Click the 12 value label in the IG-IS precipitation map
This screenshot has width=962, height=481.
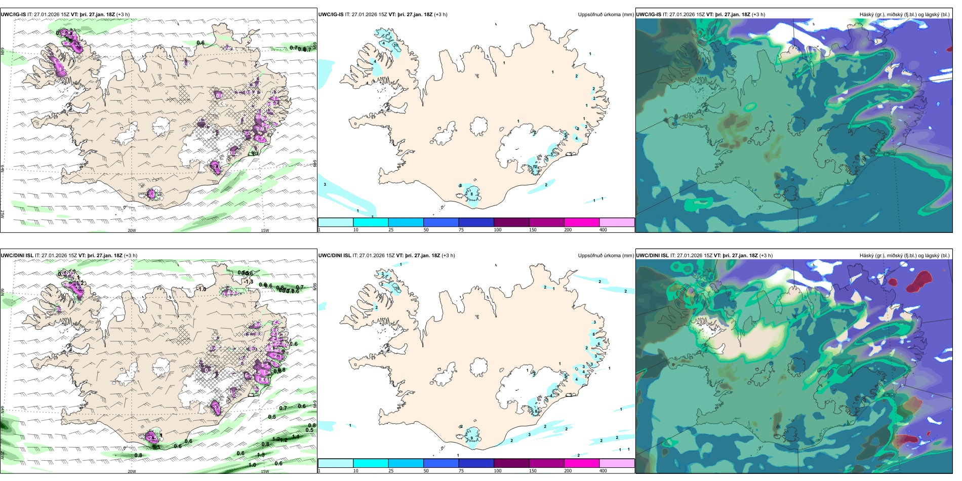coord(535,167)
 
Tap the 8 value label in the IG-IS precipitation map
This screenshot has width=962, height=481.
coord(471,194)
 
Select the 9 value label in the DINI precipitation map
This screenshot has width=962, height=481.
coord(471,438)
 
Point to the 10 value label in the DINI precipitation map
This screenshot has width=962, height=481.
coord(397,289)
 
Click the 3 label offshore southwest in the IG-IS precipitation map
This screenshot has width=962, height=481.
coord(325,184)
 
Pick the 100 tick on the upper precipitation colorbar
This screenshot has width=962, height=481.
coord(498,230)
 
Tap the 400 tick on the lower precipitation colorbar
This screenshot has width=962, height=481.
coord(603,470)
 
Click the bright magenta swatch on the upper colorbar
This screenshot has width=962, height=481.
coord(581,222)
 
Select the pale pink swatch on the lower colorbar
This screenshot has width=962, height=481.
coord(617,463)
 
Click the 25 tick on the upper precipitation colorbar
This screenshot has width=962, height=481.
coord(391,230)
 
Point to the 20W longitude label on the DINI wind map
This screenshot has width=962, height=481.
coord(132,471)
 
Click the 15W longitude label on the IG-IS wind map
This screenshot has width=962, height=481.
coord(264,230)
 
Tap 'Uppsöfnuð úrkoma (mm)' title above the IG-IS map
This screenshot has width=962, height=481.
coord(606,15)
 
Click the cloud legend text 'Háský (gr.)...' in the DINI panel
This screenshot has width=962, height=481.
coord(904,256)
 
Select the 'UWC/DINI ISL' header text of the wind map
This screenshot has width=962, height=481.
coord(17,256)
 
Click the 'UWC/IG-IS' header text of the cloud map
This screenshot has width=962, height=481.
coord(648,15)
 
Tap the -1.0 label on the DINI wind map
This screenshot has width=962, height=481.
coord(202,289)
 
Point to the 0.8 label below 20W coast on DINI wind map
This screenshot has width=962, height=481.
coord(138,455)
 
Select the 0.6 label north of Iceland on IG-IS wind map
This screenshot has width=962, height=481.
coord(201,43)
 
